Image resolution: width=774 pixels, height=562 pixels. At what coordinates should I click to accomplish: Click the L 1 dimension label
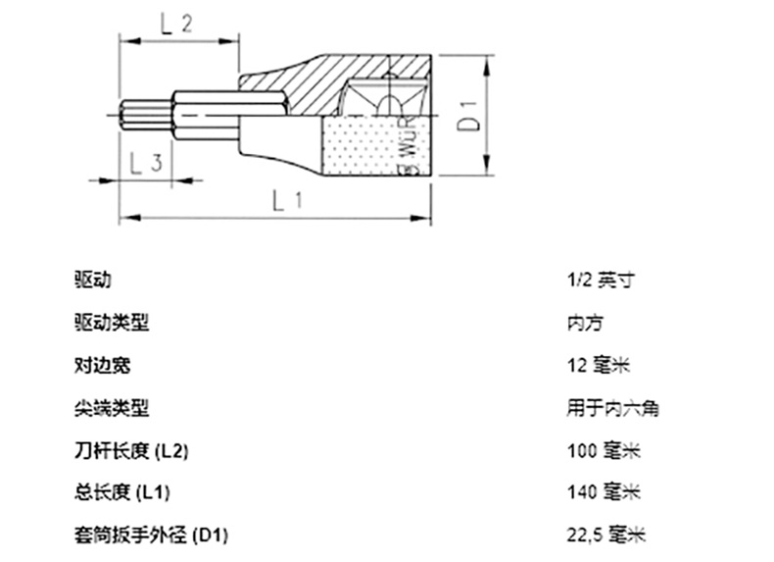pos(284,203)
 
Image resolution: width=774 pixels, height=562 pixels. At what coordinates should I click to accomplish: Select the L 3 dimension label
pos(145,163)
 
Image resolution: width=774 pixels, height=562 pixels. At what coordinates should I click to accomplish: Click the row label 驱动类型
pos(112,322)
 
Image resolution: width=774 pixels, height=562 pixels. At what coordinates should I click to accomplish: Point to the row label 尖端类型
pos(112,407)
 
